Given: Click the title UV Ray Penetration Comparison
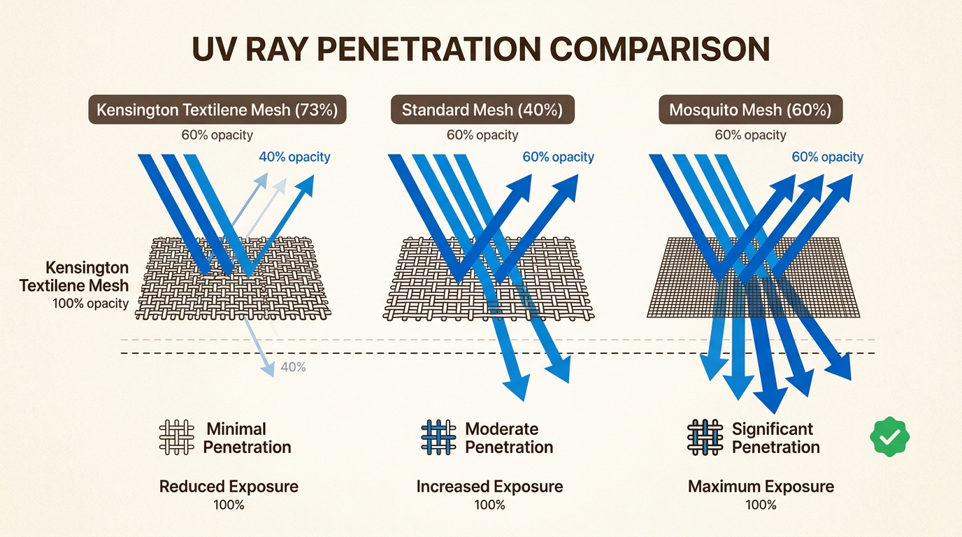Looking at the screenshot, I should pos(481,50).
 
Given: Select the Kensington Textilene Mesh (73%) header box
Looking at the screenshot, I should pos(217,110).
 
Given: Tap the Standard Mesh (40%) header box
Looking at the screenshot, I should pos(482,110).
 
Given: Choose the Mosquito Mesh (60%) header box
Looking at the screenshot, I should pos(750,110).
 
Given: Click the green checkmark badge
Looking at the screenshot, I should pos(889,438).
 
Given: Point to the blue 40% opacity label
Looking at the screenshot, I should pos(294,157).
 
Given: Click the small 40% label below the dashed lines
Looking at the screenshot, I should pos(292,366).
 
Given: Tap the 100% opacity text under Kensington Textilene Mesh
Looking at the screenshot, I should pos(90,303).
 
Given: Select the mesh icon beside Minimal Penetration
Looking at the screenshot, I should pos(176,438).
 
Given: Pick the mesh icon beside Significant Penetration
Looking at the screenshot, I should pos(705,438).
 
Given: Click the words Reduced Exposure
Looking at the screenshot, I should pos(229,486).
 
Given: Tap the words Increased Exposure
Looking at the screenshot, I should pos(489,486).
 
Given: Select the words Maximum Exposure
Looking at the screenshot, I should pos(761,486).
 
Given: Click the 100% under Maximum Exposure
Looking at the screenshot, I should pos(761,504).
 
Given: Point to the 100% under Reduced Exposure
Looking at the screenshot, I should pos(229,504).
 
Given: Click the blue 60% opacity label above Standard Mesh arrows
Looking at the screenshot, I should pos(558,157).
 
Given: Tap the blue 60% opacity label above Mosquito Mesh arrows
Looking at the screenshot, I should pos(827,157).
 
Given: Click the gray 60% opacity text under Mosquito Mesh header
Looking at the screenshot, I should pos(750,135).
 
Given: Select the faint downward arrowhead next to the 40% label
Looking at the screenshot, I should pos(268,370).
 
